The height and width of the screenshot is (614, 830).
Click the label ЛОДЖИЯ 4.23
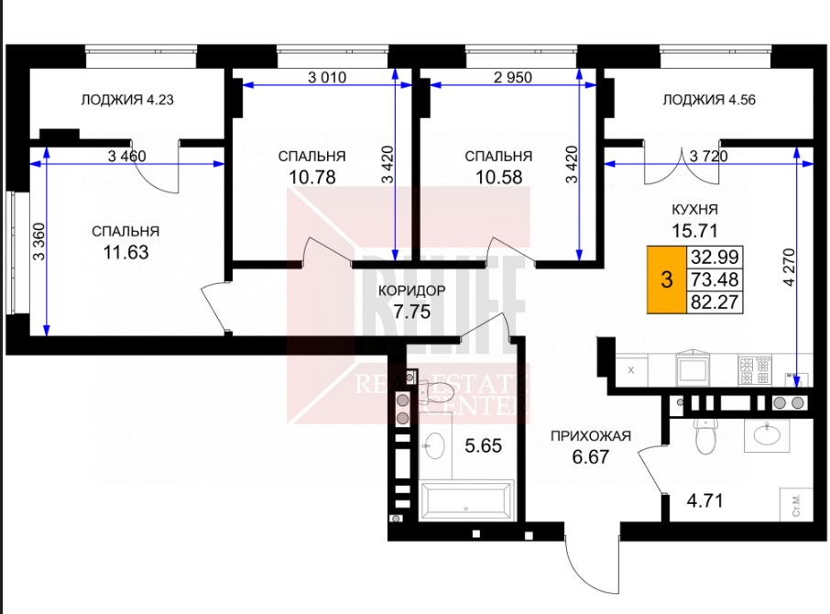pos(127,100)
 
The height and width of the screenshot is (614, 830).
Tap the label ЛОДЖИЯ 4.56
pos(709,100)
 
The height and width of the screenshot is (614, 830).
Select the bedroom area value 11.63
pos(126,253)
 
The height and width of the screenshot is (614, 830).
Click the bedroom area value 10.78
pos(312,177)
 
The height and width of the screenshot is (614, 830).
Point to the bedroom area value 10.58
pos(498,177)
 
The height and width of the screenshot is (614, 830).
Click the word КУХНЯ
pos(694,210)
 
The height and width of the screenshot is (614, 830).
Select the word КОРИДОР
pos(412,291)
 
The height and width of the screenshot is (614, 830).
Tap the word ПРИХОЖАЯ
pos(591,436)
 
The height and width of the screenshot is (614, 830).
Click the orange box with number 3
pos(667,280)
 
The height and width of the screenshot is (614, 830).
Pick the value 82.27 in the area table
pos(715,302)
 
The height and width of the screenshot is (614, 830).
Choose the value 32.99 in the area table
pos(715,258)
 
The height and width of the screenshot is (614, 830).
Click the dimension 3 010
pos(327,77)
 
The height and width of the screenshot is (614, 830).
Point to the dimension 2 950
pos(512,77)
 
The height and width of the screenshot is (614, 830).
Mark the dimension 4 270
pos(789,268)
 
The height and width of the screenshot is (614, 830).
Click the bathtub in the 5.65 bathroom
pos(466,500)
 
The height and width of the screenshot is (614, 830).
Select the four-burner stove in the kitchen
pos(755,370)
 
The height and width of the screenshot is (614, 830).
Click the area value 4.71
pos(704,500)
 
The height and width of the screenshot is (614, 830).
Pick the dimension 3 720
pos(709,156)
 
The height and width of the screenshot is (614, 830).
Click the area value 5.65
pos(484,445)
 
